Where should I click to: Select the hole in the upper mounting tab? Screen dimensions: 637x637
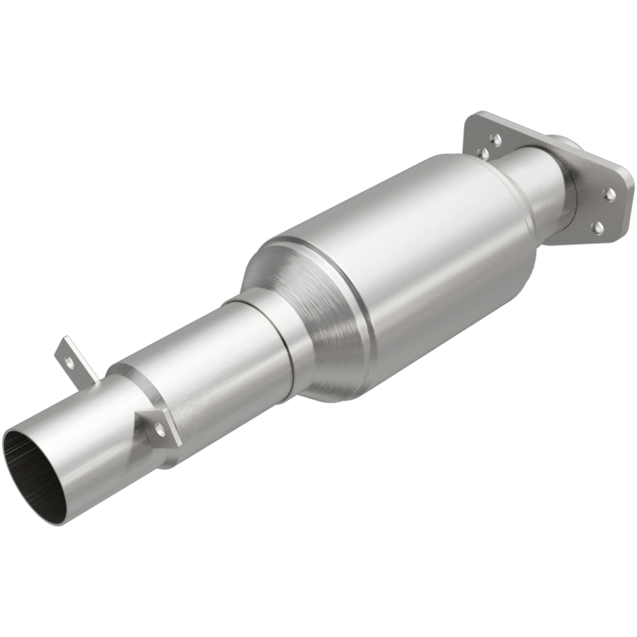[x=69, y=360]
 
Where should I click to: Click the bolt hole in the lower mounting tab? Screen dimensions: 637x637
[x=159, y=429]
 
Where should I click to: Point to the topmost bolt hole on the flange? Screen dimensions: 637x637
[x=494, y=139]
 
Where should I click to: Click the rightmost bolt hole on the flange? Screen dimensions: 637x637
[x=610, y=193]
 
